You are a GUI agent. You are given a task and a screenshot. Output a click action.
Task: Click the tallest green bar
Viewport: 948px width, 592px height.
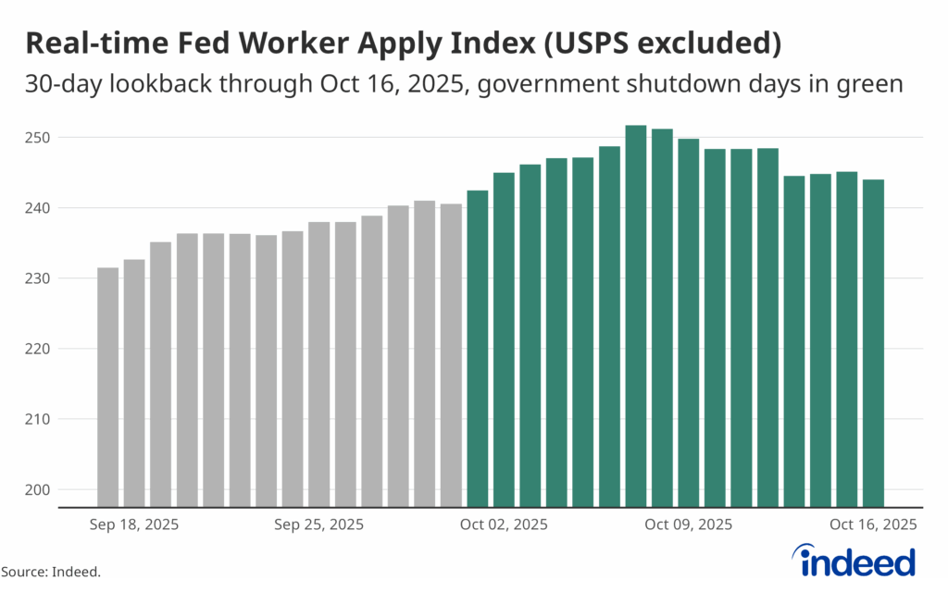tap(636, 314)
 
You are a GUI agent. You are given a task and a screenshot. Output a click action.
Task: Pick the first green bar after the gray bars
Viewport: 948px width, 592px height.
tap(478, 348)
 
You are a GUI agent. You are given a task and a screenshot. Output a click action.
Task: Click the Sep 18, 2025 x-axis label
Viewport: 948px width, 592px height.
tap(134, 524)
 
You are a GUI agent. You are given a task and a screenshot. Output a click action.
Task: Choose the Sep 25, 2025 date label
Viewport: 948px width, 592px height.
tap(319, 524)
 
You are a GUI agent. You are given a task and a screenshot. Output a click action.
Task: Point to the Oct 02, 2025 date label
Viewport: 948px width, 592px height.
tap(504, 524)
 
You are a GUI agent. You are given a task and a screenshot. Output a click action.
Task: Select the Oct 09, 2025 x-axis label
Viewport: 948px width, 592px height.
tap(688, 524)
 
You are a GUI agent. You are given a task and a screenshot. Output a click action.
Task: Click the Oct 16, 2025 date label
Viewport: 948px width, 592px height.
tap(873, 524)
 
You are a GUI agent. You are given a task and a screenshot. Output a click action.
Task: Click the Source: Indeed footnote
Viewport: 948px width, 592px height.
tap(50, 573)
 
